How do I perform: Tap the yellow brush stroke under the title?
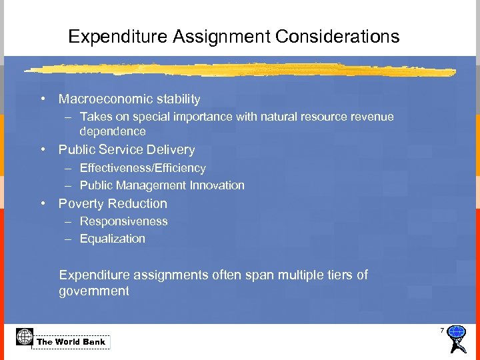(240, 69)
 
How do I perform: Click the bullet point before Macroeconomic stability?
(42, 99)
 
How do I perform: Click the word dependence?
(113, 131)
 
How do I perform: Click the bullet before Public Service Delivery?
(42, 150)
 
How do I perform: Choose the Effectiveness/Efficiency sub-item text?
(143, 168)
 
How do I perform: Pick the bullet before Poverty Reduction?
(42, 204)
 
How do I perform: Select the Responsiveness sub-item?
(123, 221)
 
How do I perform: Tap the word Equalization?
(113, 239)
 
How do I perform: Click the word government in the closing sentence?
(94, 291)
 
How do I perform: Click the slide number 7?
(441, 331)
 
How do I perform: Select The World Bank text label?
(71, 342)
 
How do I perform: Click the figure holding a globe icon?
(457, 339)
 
